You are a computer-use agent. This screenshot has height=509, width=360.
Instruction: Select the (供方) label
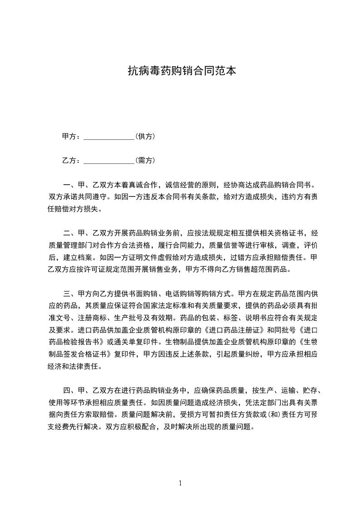tap(146, 137)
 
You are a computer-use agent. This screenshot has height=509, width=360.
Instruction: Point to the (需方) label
tap(146, 161)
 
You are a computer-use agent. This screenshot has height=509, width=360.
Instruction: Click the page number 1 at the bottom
tap(180, 483)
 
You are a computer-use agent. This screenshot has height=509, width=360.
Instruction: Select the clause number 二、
tap(69, 234)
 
